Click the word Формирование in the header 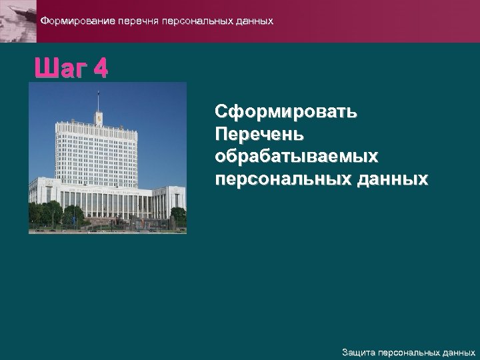tap(77, 21)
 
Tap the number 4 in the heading tap(101, 68)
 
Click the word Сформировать tap(285, 111)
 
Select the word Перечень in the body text tap(259, 134)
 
